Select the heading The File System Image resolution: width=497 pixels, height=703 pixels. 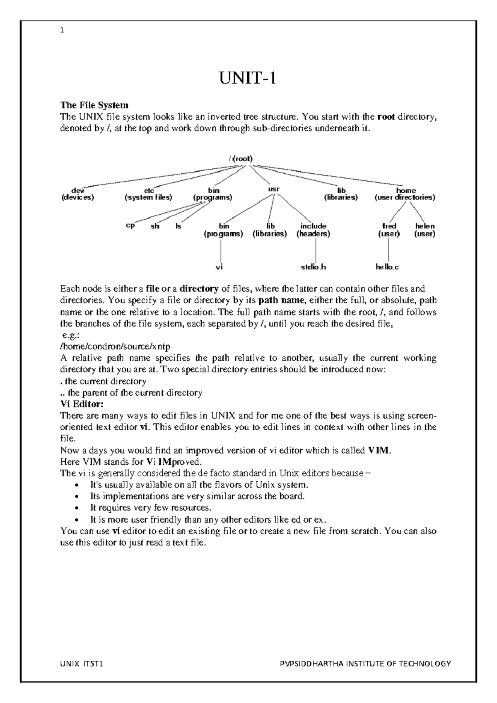(94, 105)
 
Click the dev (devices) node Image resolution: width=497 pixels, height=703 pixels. (77, 194)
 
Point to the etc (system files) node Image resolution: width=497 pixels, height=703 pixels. (148, 194)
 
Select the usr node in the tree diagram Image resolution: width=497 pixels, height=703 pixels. (274, 189)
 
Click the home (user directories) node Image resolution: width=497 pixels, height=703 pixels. (405, 194)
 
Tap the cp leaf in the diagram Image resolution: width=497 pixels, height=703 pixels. (130, 226)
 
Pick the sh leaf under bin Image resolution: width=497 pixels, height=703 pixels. (155, 227)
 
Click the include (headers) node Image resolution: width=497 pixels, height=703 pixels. (313, 230)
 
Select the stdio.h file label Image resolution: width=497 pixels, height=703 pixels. (313, 267)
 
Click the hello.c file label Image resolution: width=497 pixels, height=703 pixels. (387, 267)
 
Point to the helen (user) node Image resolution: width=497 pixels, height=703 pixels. (425, 230)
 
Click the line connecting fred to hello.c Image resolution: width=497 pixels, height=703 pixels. (388, 250)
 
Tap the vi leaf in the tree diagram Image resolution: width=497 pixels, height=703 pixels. (220, 267)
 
